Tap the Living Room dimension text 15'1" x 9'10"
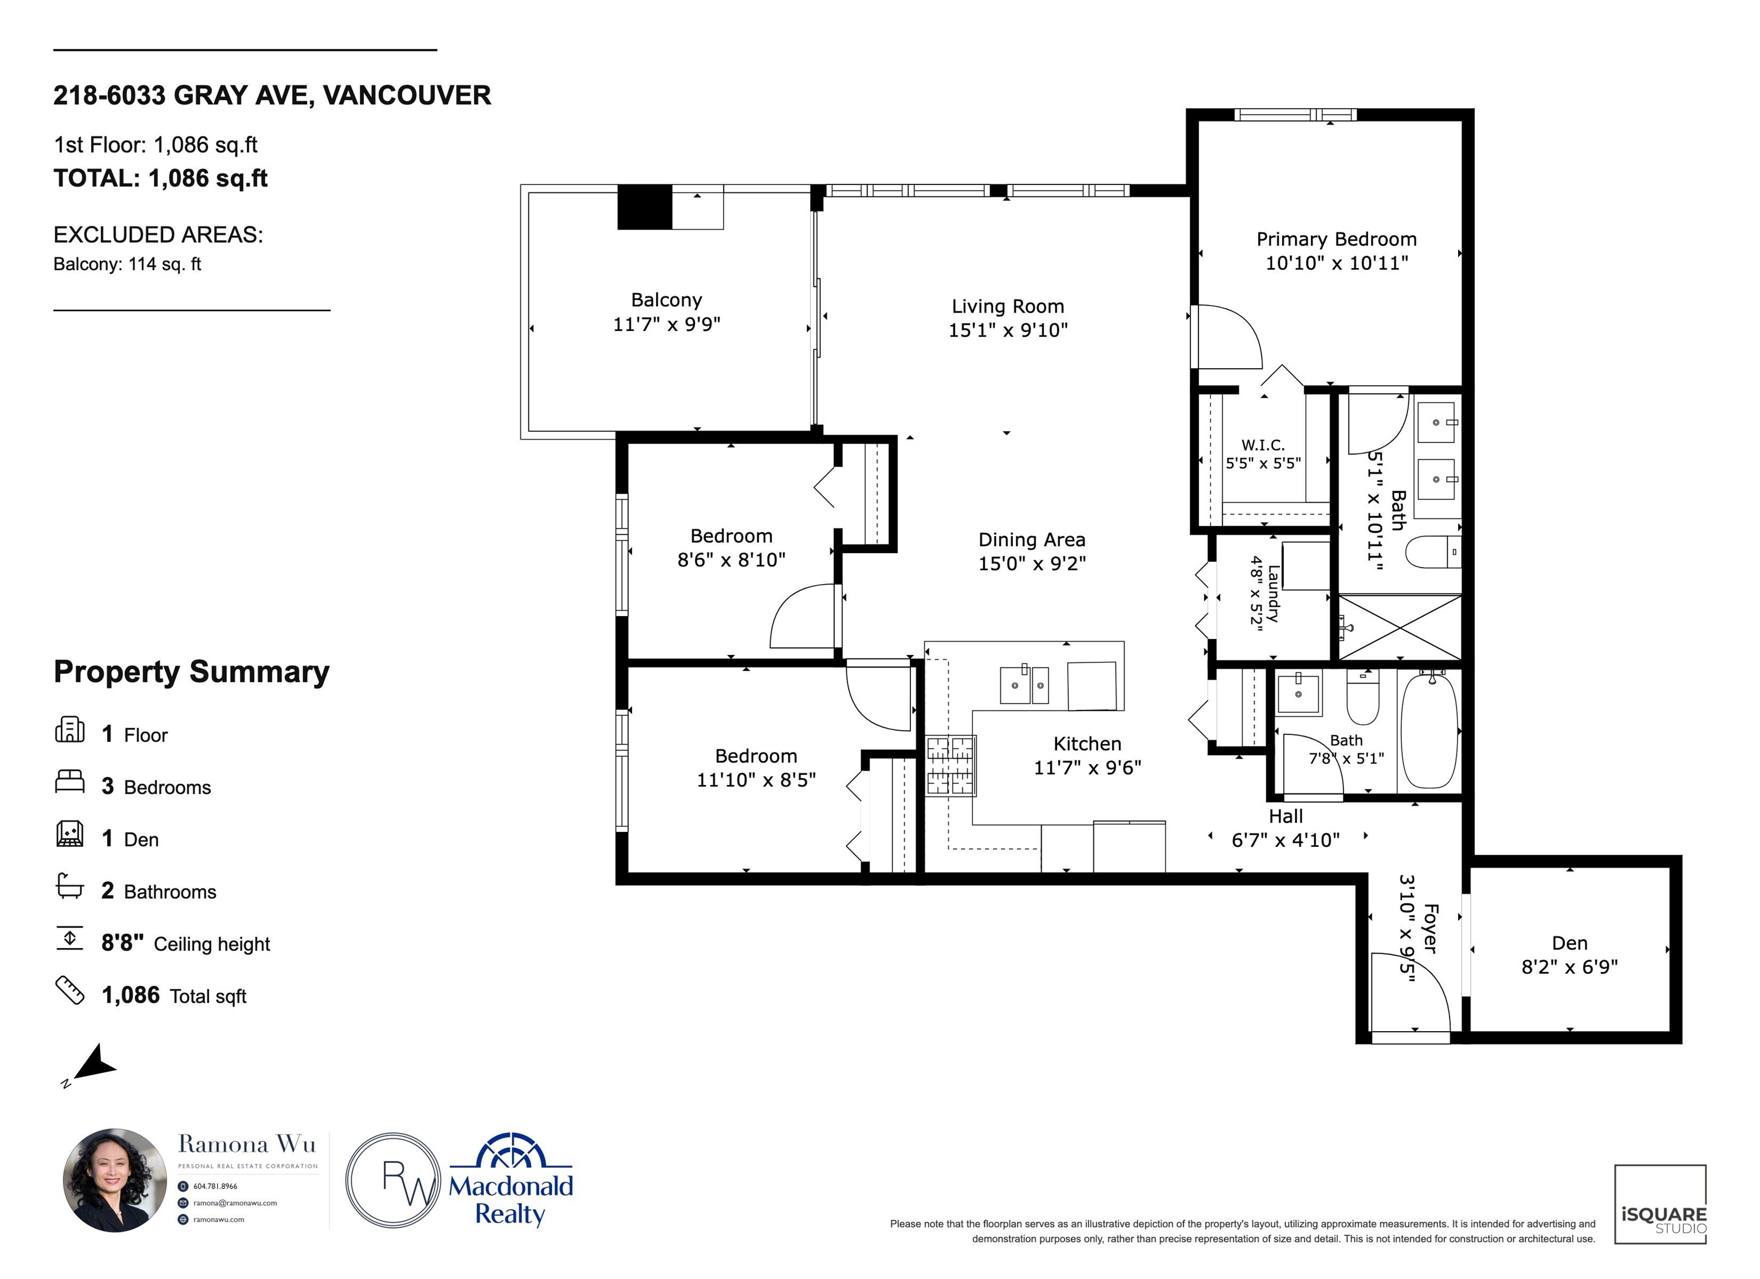click(x=1008, y=330)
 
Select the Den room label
click(x=1569, y=943)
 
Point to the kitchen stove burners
click(x=950, y=765)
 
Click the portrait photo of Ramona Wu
click(x=115, y=1180)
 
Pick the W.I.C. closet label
click(x=1263, y=445)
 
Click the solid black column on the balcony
click(x=644, y=207)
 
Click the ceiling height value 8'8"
click(x=123, y=943)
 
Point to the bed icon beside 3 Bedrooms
click(x=69, y=781)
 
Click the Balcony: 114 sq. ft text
click(x=127, y=265)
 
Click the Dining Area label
click(x=1031, y=540)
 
